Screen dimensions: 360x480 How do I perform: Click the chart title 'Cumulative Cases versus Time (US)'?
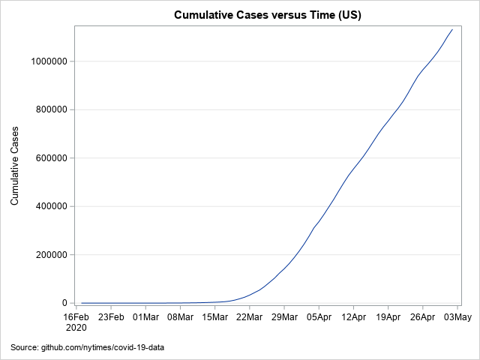[268, 15]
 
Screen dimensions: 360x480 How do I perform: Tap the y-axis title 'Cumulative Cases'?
[15, 166]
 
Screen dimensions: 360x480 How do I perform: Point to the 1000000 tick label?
[48, 61]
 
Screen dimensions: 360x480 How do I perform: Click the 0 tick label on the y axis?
[65, 303]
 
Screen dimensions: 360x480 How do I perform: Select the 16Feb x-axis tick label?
[76, 316]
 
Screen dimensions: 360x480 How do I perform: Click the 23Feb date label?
[111, 316]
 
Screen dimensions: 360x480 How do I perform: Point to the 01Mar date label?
[145, 316]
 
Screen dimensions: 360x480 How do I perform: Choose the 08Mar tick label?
[180, 316]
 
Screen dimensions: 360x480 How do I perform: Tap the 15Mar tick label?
[214, 316]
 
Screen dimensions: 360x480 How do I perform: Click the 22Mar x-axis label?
[250, 316]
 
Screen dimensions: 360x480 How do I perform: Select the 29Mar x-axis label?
[284, 316]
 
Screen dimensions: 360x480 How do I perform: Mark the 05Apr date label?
[319, 316]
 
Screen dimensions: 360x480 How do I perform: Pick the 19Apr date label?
[388, 316]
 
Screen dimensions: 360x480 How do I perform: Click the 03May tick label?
[457, 316]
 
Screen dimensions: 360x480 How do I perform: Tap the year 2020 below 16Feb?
[76, 328]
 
